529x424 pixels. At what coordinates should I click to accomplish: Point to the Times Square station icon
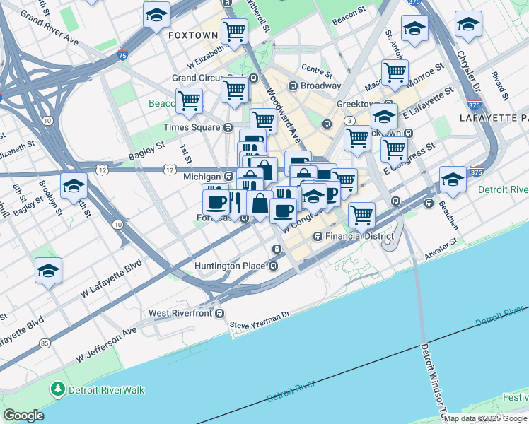(x=228, y=128)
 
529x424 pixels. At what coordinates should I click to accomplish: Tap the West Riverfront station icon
(x=220, y=312)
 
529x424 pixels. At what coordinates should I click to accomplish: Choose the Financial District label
(x=358, y=236)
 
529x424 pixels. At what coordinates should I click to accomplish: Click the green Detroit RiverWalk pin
(x=57, y=389)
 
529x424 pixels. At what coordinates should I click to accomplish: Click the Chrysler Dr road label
(x=469, y=71)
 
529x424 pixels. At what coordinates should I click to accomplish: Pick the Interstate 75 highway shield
(x=124, y=54)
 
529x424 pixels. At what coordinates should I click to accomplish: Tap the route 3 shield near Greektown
(x=349, y=121)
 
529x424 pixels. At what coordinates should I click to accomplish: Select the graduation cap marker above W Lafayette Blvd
(x=48, y=270)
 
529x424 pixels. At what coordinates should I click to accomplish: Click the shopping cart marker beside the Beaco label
(x=189, y=100)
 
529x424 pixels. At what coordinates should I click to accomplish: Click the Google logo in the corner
(x=24, y=416)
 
